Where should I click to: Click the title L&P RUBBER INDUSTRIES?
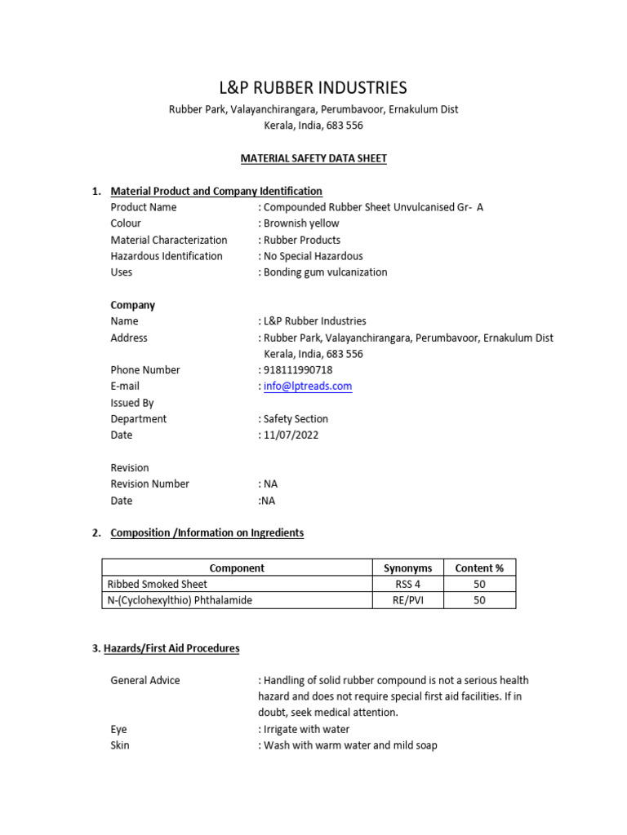coord(313,88)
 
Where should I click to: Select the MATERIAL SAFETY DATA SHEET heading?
coord(313,158)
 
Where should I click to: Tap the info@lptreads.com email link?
coord(308,387)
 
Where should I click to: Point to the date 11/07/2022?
coord(291,435)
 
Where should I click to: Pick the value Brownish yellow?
coord(301,223)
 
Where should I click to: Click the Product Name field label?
coord(144,207)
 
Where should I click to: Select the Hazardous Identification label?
coord(167,256)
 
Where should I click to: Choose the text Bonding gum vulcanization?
coord(325,272)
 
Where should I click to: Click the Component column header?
coord(237,568)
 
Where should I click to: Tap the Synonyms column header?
coord(407,568)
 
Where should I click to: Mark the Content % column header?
coord(479,568)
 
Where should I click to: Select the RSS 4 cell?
coord(407,584)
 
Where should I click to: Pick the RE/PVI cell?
coord(407,600)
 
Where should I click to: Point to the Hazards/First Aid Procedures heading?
coord(166,648)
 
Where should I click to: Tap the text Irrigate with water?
coord(306,729)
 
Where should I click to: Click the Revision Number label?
coord(150,484)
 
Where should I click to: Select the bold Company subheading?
coord(133,305)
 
